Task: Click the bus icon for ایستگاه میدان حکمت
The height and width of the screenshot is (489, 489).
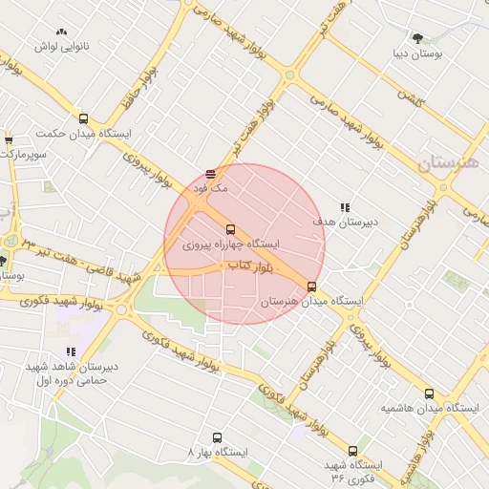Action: (x=83, y=119)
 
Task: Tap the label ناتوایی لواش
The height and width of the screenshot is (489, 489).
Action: (x=62, y=46)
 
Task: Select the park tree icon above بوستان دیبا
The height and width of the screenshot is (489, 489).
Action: (x=417, y=38)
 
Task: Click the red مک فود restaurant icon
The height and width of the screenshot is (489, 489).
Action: (x=210, y=174)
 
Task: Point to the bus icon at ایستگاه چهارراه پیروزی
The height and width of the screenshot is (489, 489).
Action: (x=230, y=229)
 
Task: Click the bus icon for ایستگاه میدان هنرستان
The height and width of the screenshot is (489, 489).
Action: (x=311, y=287)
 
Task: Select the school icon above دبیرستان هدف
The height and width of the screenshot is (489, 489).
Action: (x=345, y=207)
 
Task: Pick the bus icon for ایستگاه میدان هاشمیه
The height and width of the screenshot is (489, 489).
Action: (x=429, y=393)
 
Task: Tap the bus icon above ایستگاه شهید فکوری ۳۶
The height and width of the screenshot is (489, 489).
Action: (x=352, y=450)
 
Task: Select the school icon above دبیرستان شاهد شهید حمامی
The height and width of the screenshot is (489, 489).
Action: (x=71, y=352)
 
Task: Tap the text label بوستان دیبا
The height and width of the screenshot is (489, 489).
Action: (x=417, y=53)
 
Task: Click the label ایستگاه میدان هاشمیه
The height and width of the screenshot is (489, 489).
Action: (x=429, y=408)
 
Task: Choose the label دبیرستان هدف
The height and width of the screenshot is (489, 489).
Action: (x=345, y=222)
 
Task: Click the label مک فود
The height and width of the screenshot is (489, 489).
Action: (x=211, y=188)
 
